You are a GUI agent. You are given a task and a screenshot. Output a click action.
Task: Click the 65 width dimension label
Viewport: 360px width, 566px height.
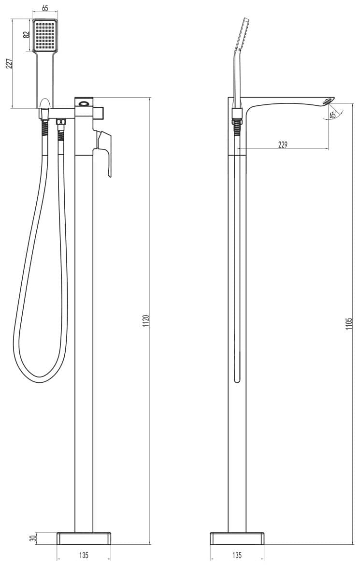45,8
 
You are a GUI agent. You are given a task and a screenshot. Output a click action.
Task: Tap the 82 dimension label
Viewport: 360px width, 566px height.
26,35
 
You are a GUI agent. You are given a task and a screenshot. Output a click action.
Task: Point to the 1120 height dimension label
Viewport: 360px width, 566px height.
146,320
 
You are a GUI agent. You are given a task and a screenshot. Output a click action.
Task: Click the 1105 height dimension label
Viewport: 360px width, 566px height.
348,324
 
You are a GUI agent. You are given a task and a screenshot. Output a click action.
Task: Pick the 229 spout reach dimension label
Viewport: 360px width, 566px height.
283,145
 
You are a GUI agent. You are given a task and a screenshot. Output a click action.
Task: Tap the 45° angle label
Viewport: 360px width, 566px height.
333,115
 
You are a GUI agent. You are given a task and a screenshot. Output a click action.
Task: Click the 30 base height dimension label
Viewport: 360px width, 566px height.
33,538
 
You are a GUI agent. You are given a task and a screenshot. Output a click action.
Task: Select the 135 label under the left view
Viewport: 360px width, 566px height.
84,555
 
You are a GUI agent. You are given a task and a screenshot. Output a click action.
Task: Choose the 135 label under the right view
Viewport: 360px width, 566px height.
237,555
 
